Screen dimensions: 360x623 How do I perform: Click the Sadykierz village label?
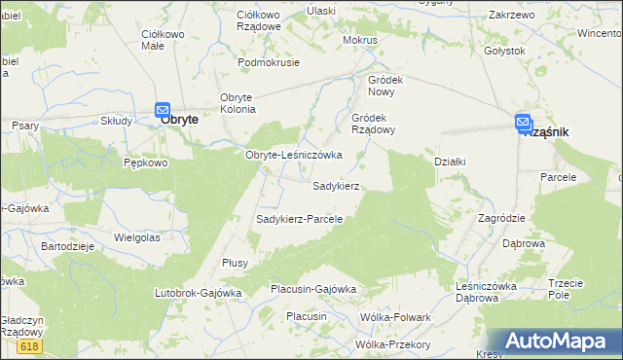point(337,185)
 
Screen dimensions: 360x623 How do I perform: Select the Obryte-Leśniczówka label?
point(293,155)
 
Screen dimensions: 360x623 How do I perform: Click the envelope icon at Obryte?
point(163,112)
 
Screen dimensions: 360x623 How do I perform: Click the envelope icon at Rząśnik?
point(523,123)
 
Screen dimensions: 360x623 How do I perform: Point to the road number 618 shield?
point(29,345)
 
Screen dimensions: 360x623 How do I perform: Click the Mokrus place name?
point(360,41)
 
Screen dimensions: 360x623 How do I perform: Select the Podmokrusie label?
point(269,61)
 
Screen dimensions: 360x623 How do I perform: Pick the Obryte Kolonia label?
point(237,102)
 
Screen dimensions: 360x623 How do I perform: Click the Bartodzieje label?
point(66,246)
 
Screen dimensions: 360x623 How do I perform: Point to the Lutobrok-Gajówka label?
point(198,292)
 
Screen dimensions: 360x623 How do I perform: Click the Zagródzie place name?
point(501,218)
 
